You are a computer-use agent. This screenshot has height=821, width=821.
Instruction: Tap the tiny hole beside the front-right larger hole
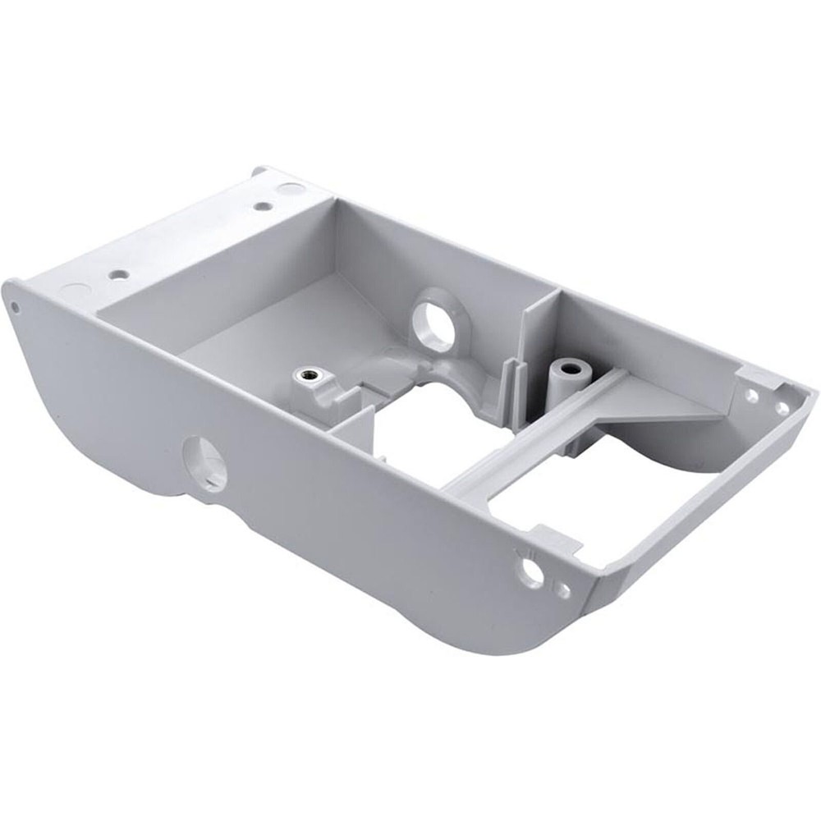562,589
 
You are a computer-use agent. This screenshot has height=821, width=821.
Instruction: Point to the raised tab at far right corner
759,376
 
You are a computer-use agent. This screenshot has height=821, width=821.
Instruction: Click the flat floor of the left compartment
271,328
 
